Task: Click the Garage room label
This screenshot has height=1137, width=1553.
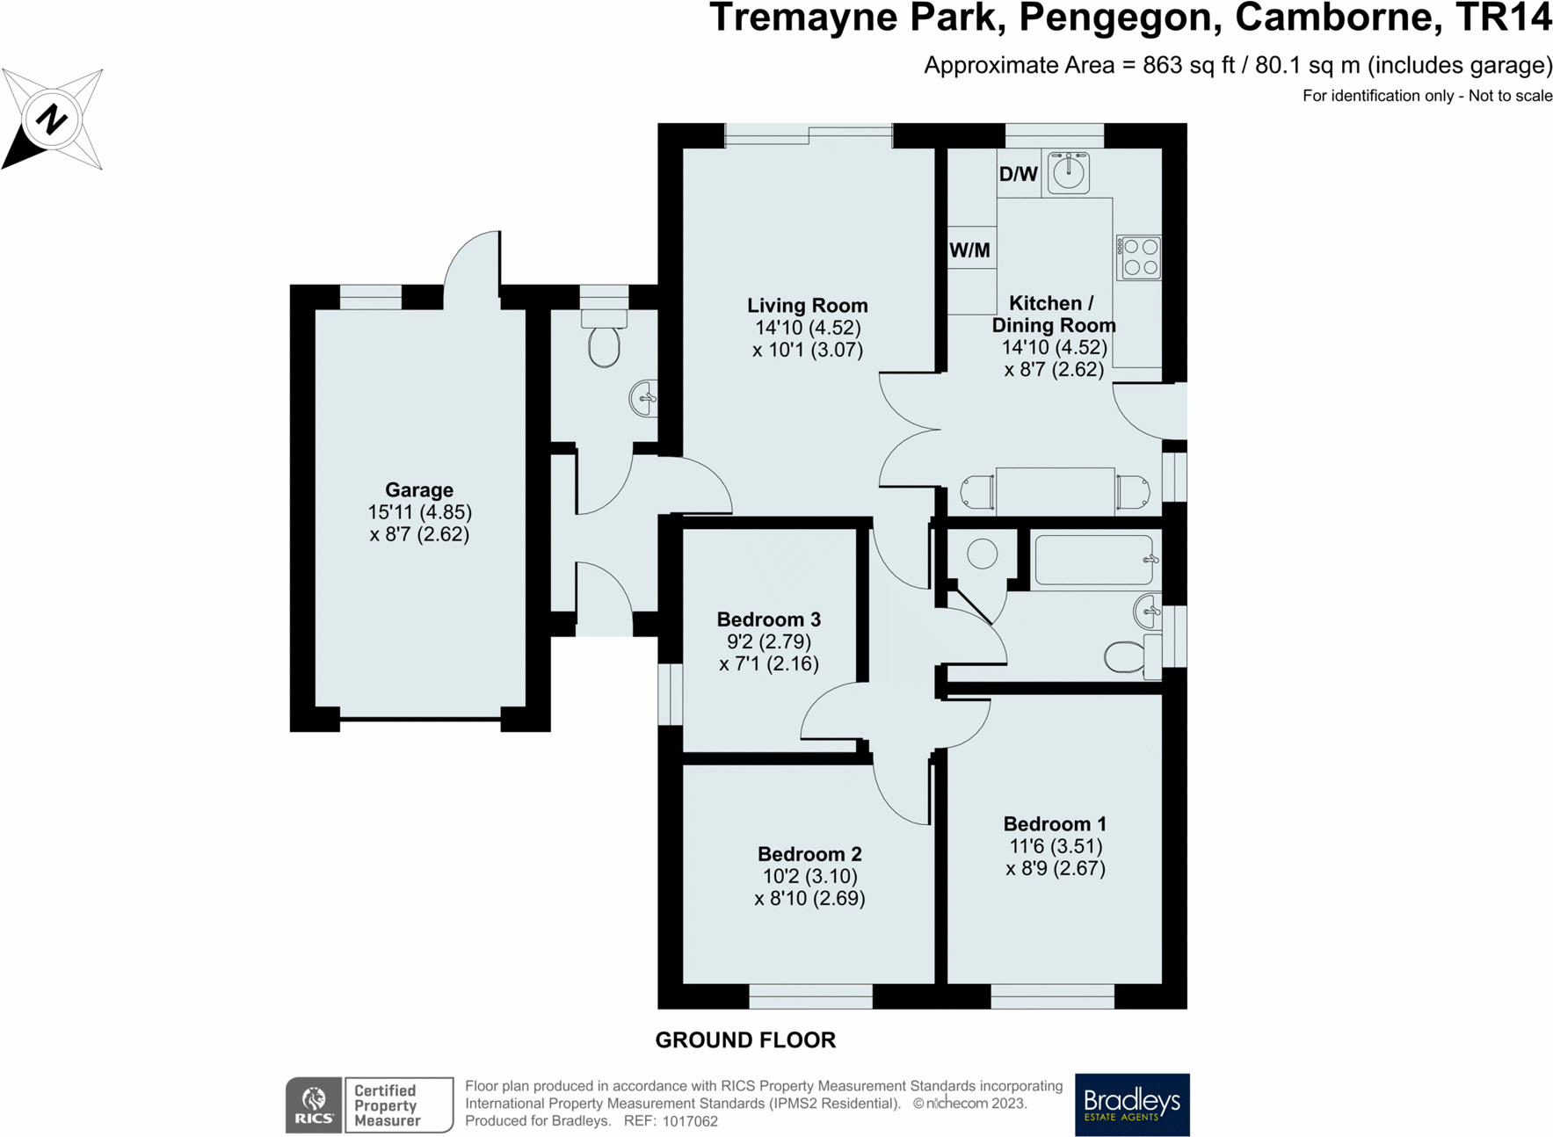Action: (x=419, y=489)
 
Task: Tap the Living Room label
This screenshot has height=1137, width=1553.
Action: (x=807, y=305)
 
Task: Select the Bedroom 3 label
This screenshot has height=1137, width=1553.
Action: (x=769, y=619)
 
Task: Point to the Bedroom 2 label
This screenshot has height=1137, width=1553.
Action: (x=809, y=854)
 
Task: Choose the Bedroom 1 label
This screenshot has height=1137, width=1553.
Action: (x=1055, y=823)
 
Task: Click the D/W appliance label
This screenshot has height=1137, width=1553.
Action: (x=1019, y=174)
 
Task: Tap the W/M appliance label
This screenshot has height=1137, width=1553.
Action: (x=969, y=250)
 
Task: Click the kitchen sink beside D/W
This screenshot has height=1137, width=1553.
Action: (x=1069, y=171)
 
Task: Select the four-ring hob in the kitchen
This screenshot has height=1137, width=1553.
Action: (x=1139, y=257)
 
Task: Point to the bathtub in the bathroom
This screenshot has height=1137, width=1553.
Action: (x=1094, y=560)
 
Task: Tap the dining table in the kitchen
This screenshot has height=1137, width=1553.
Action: (x=1055, y=491)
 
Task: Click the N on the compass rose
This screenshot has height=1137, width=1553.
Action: (x=52, y=119)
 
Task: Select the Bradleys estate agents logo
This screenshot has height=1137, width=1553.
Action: (x=1132, y=1104)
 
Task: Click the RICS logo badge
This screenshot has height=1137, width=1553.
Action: (x=314, y=1104)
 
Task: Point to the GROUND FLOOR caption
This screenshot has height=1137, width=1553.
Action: (x=745, y=1040)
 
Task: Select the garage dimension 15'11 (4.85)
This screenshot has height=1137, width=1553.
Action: (x=419, y=511)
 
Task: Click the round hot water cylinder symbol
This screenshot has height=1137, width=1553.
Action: (x=983, y=554)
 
